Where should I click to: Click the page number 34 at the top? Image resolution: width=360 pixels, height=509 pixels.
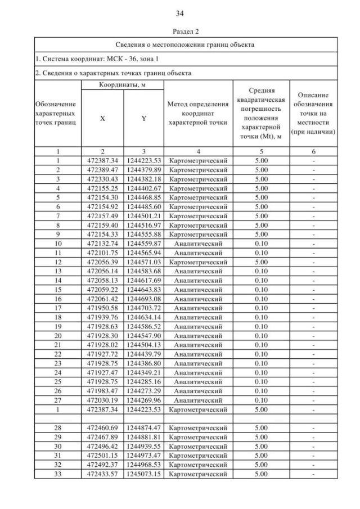coord(180,13)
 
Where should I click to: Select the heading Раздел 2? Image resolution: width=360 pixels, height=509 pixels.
coord(180,33)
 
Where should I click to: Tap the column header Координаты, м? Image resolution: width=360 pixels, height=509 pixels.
coord(122,84)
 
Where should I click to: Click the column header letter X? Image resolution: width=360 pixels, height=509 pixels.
coord(102,119)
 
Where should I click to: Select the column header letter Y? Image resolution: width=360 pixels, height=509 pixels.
coord(143,119)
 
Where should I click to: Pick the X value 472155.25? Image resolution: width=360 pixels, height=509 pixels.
coord(102,188)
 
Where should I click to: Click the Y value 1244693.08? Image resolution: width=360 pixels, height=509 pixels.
coord(144,298)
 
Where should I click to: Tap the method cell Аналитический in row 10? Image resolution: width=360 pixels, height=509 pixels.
coord(197,243)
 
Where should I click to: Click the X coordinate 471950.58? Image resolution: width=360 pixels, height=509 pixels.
coord(102,307)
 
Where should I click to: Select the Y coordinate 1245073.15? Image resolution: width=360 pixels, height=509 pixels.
coord(144,474)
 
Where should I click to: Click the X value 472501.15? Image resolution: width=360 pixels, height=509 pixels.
coord(102,455)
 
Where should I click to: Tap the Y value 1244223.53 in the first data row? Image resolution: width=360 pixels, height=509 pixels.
coord(144,160)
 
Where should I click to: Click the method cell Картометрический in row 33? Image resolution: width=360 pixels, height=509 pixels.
coord(197,474)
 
